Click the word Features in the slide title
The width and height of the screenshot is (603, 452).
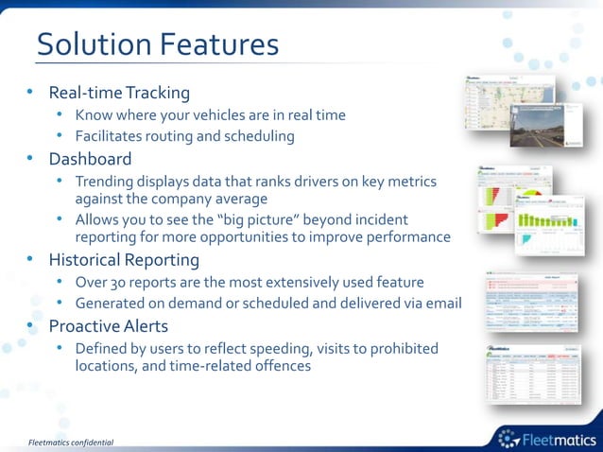click(219, 44)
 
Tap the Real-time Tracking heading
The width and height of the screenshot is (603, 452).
click(119, 93)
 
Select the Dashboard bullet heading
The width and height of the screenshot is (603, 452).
click(90, 159)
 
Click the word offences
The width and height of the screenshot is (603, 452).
click(281, 365)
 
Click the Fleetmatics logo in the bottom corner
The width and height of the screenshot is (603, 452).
click(546, 437)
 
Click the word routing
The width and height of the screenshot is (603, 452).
click(167, 136)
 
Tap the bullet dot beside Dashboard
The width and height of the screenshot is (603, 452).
click(30, 159)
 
